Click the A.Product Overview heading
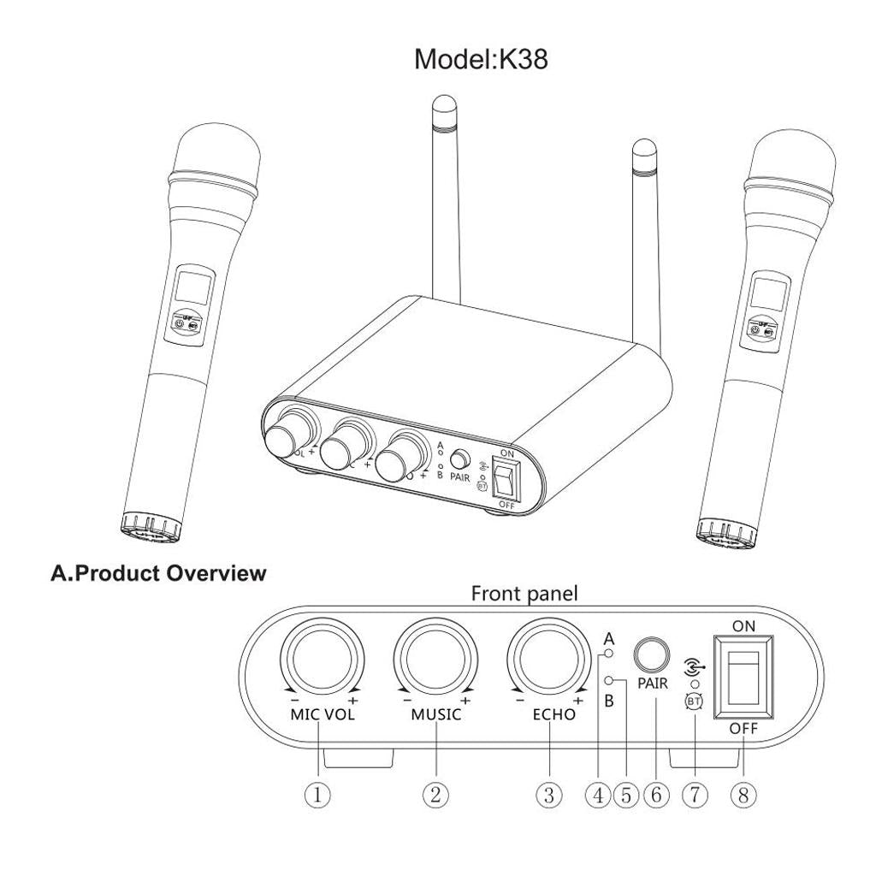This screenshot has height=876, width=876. tap(158, 573)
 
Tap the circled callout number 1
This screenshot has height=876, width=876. tap(317, 795)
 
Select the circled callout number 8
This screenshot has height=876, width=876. tap(743, 795)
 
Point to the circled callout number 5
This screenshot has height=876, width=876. tap(625, 795)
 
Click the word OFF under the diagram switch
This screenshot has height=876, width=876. tap(743, 730)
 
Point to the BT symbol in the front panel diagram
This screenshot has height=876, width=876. tap(695, 701)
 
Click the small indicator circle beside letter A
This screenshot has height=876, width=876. tap(609, 654)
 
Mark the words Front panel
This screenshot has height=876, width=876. tap(524, 594)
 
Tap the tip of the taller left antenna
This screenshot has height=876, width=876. tap(442, 107)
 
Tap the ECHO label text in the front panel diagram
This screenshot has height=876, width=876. tap(554, 714)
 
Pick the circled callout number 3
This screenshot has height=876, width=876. tap(548, 795)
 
